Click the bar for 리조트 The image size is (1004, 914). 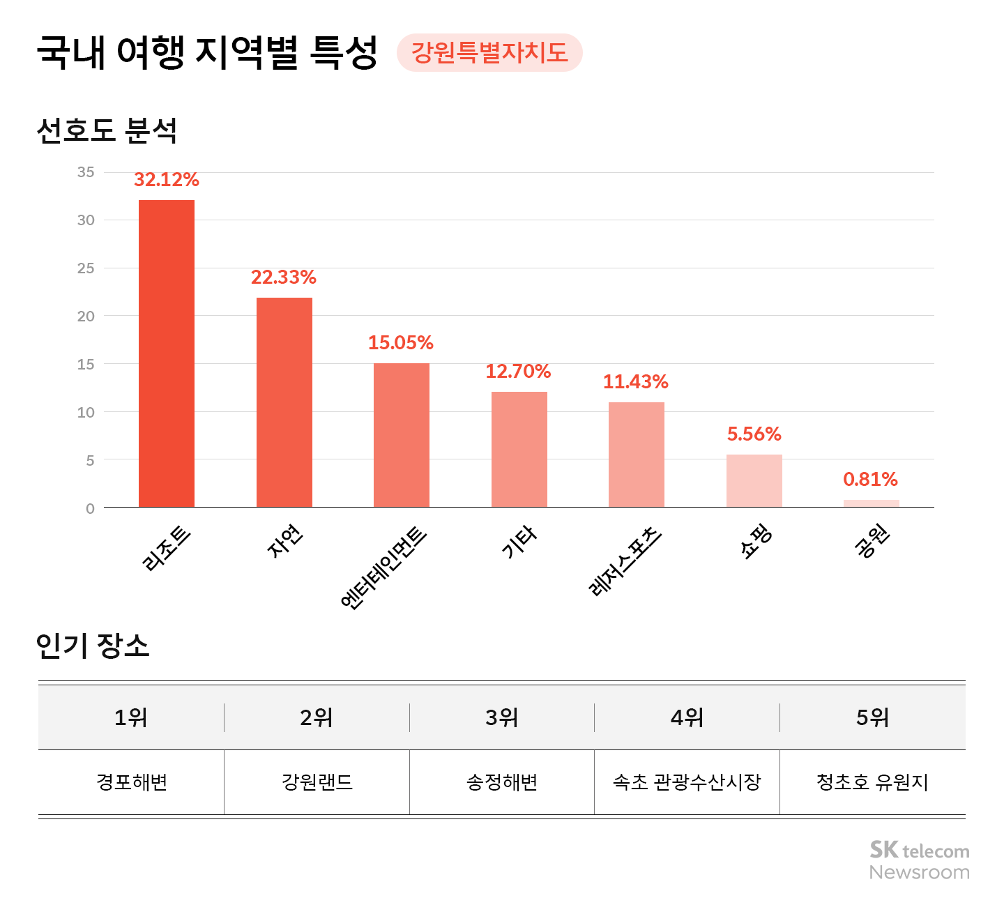pos(167,353)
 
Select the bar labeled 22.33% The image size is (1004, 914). pos(284,402)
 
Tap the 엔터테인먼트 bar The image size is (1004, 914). pos(402,435)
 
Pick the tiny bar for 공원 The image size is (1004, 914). pos(871,503)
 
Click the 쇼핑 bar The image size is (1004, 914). pos(754,481)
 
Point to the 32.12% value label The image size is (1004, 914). pos(167,180)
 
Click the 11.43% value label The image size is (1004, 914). pos(635,382)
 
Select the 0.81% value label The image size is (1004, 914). pos(870,480)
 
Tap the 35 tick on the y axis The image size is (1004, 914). pos(86,172)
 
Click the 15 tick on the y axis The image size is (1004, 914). pos(86,365)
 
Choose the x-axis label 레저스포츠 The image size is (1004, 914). pos(625,561)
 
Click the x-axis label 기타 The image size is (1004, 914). pos(519,542)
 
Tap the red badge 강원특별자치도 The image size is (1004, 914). pos(489,53)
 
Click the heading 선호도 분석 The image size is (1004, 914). pos(107,130)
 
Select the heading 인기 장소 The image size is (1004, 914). pos(93,646)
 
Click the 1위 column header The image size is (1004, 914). pos(131,717)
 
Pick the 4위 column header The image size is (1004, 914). pos(687,717)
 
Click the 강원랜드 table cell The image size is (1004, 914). pos(317,782)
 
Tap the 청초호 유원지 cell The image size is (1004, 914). pos(872,782)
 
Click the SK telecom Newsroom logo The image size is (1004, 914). pos(919,860)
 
